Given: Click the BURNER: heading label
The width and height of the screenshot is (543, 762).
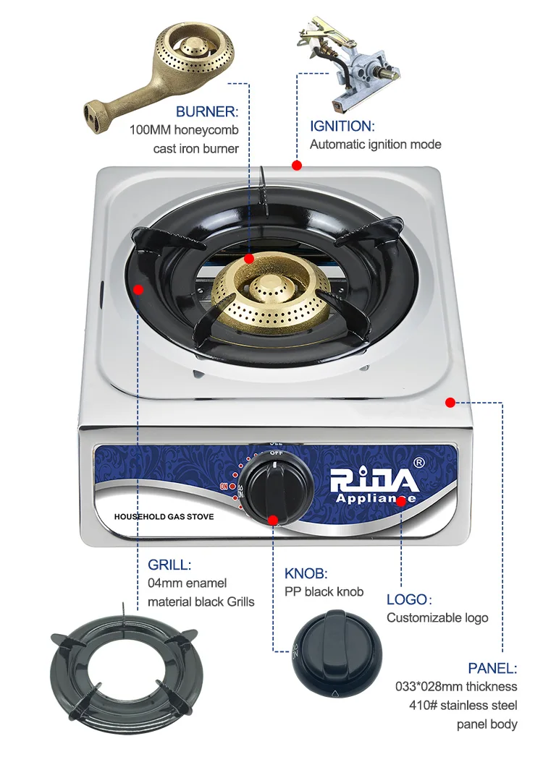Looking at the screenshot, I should [206, 112].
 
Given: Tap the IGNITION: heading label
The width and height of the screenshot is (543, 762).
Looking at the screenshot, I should [342, 126].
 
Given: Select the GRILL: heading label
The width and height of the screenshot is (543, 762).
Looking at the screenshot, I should [169, 565].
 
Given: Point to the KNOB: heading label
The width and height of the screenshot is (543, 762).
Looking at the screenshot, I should [306, 574].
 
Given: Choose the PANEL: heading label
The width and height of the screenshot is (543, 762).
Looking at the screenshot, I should [492, 668].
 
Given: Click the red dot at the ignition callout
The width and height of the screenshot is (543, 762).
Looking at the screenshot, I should [297, 165].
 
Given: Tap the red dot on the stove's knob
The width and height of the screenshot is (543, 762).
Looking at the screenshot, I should [273, 519].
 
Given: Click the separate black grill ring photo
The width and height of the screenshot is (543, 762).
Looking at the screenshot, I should [124, 673].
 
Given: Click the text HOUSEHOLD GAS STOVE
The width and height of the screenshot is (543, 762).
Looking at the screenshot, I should [164, 517].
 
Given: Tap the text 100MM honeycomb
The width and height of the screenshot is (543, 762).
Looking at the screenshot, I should [184, 131].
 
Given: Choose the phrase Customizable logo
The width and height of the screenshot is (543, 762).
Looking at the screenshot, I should [437, 617].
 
